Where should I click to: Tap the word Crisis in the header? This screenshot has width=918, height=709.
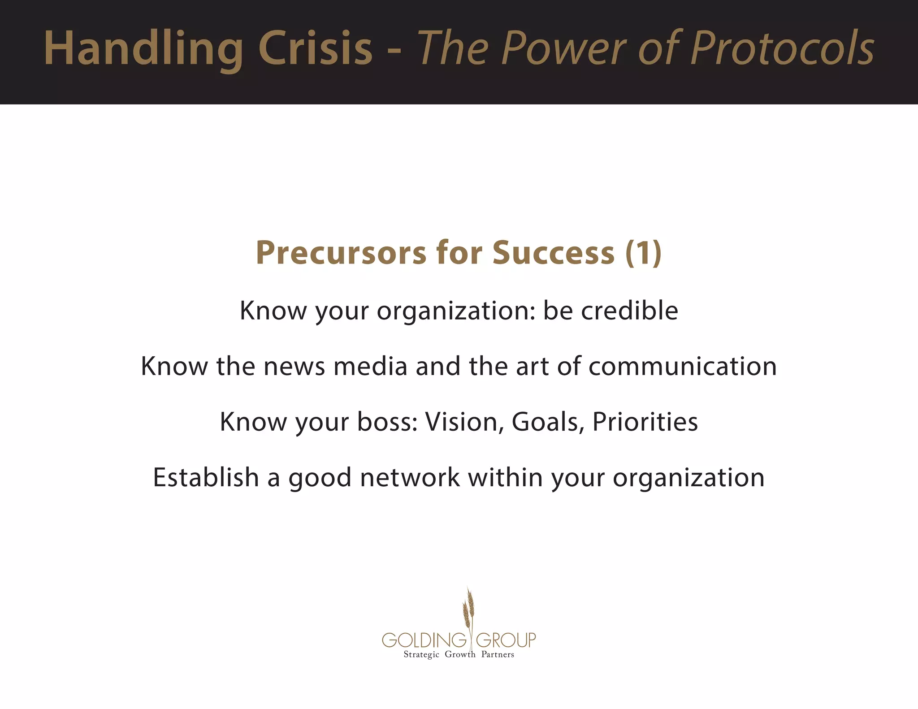pyautogui.click(x=315, y=48)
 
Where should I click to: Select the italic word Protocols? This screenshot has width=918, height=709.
pyautogui.click(x=782, y=48)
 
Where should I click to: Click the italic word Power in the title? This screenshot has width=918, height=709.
pyautogui.click(x=566, y=48)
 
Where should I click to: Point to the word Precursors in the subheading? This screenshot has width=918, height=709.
pyautogui.click(x=341, y=253)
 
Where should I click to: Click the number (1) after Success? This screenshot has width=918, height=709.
pyautogui.click(x=643, y=253)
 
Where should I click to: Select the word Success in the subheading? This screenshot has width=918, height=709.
pyautogui.click(x=553, y=253)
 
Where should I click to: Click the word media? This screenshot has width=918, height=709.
pyautogui.click(x=370, y=366)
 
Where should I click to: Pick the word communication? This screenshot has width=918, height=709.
pyautogui.click(x=682, y=366)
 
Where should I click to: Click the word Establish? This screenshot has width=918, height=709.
pyautogui.click(x=206, y=477)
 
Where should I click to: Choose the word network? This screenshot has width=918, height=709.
pyautogui.click(x=410, y=477)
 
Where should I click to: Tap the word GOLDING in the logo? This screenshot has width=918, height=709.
pyautogui.click(x=424, y=640)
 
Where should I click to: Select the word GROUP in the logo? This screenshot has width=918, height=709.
pyautogui.click(x=506, y=640)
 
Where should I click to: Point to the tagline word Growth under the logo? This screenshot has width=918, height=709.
pyautogui.click(x=460, y=655)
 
